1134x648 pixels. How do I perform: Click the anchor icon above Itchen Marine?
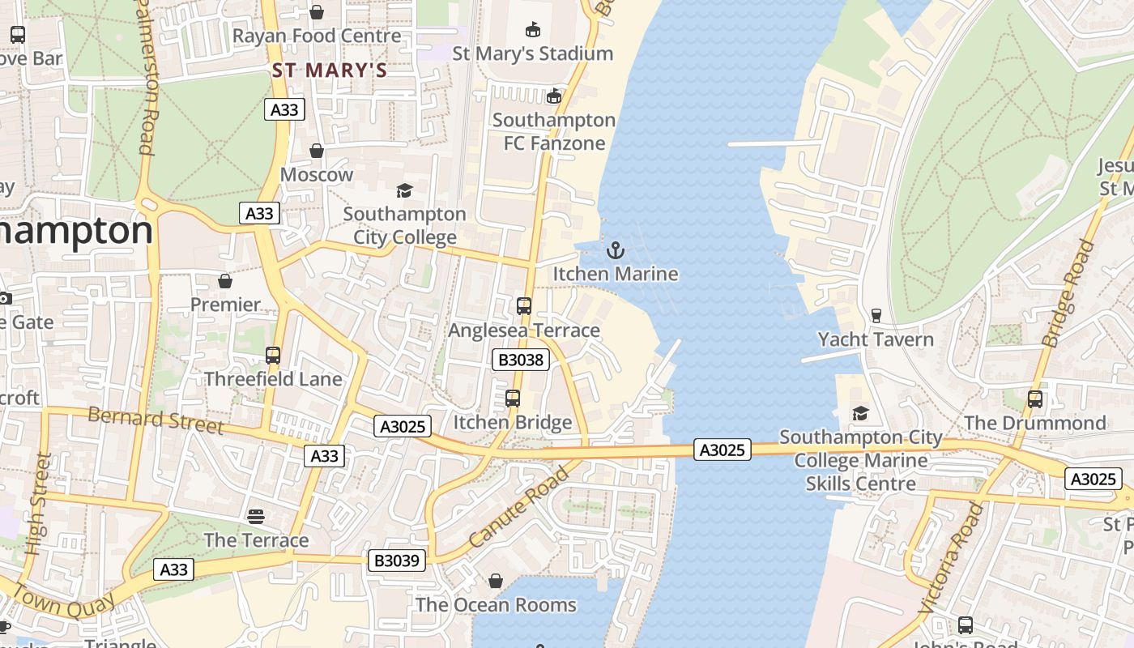tap(616, 250)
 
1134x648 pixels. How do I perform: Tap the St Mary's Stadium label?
tap(532, 53)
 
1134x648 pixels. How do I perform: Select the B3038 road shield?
tap(521, 360)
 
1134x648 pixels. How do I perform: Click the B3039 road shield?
tap(397, 561)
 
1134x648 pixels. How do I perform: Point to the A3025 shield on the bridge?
tap(722, 450)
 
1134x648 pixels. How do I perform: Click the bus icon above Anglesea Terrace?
tap(524, 306)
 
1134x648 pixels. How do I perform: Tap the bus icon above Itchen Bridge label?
tap(513, 399)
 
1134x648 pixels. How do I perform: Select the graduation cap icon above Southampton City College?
tap(404, 190)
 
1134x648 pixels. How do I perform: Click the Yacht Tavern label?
tap(876, 339)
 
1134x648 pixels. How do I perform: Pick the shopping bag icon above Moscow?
tap(317, 151)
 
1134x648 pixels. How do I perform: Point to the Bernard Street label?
tap(155, 420)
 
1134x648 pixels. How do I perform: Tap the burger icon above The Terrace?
tap(256, 516)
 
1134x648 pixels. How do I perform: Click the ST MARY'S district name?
tap(330, 70)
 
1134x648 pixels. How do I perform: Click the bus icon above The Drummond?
tap(1035, 399)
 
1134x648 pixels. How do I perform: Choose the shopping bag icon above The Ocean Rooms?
tap(496, 581)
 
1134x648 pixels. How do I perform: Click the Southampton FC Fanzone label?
tap(554, 131)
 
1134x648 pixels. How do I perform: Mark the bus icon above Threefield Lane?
tap(273, 355)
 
